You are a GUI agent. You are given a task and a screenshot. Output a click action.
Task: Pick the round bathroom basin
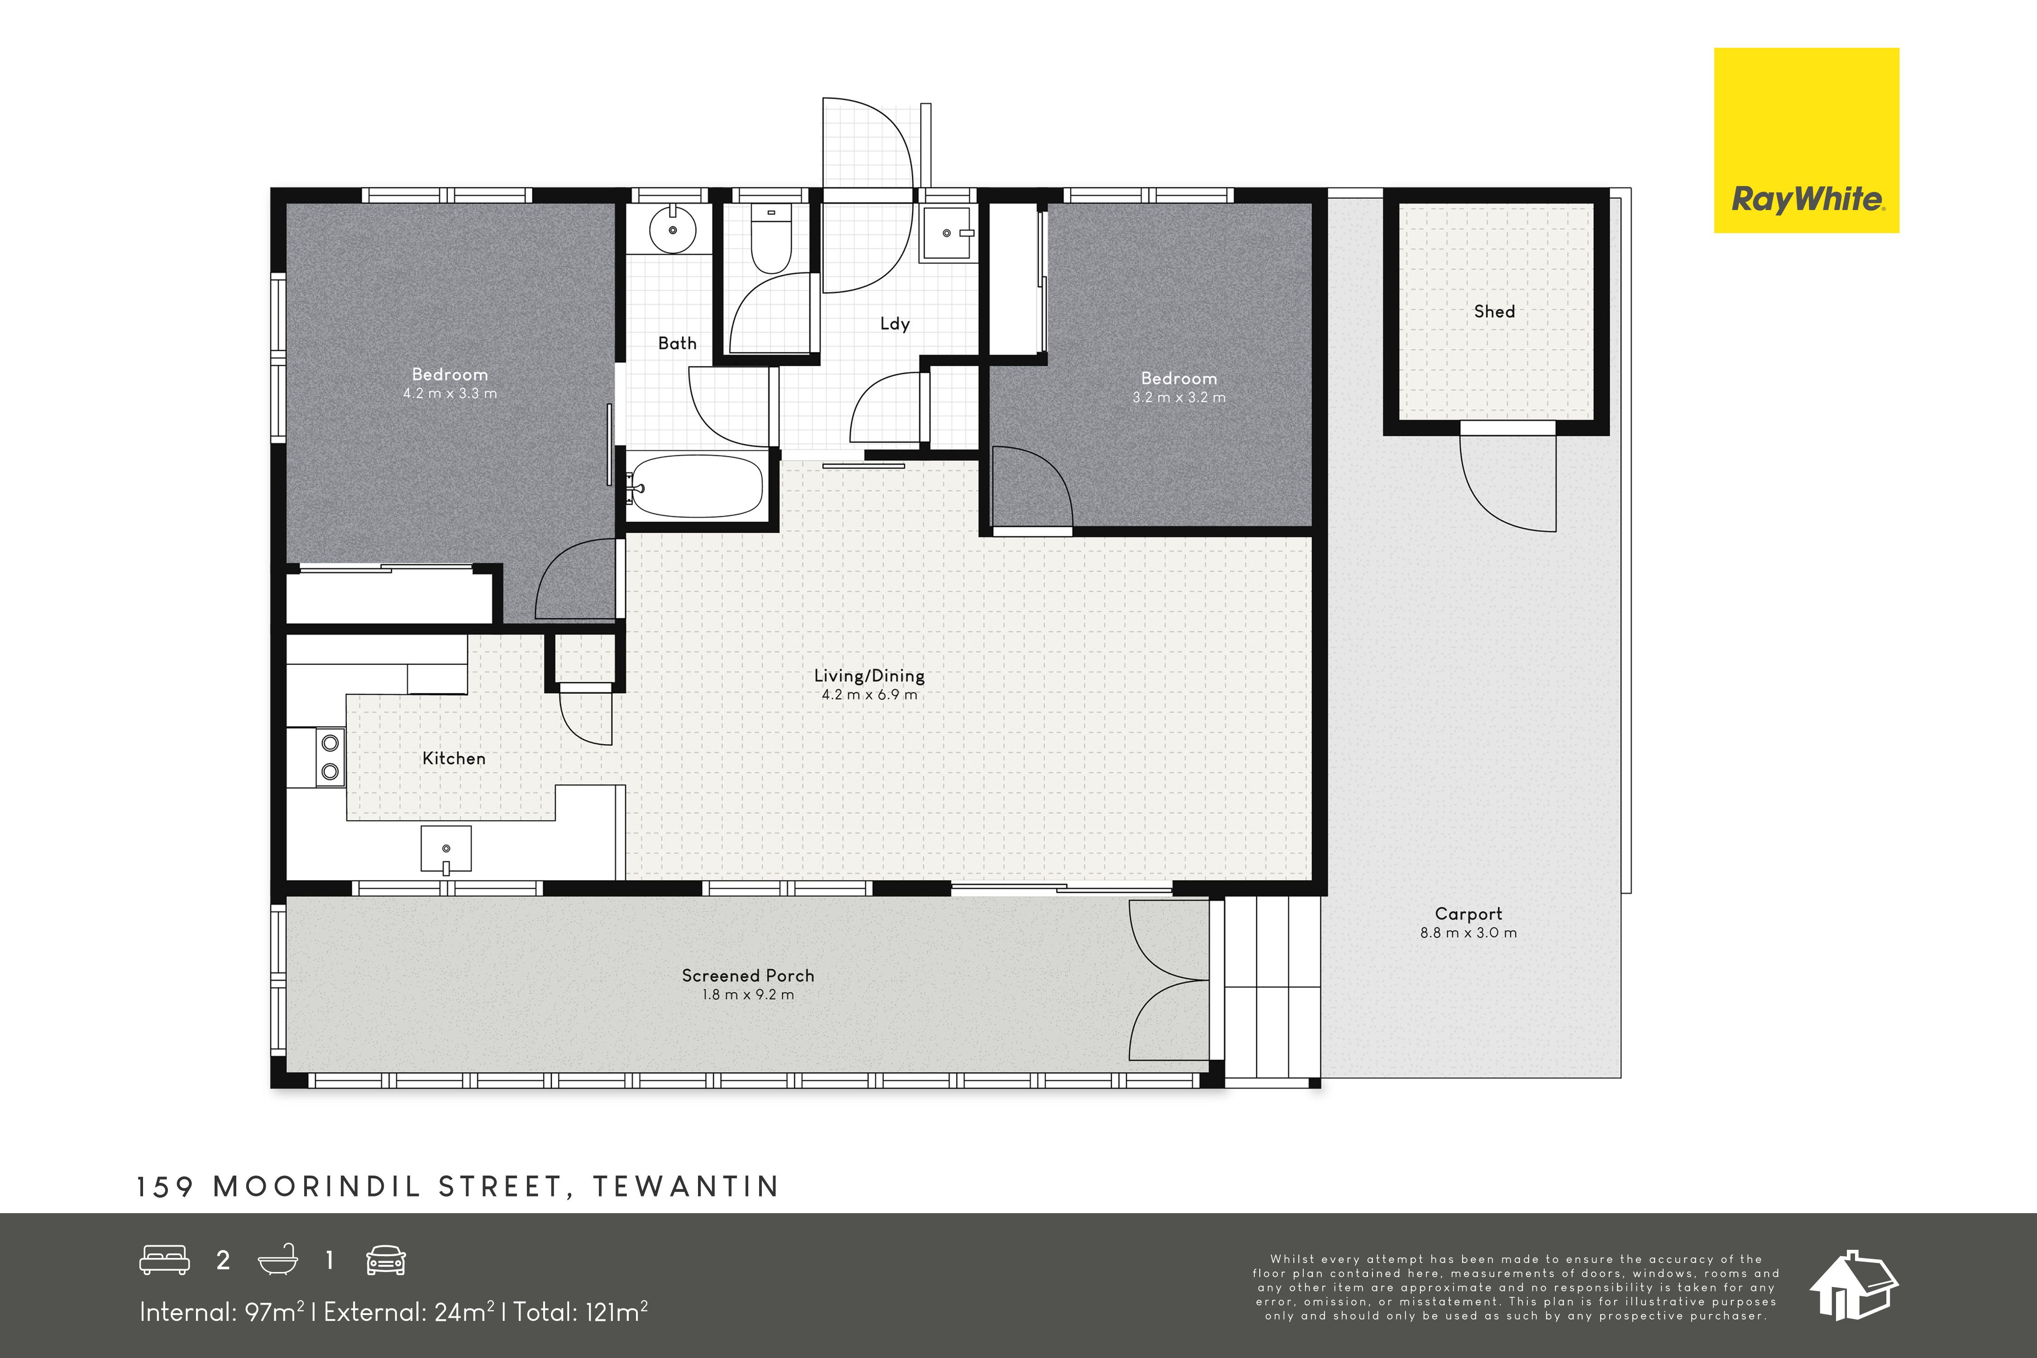[x=672, y=230]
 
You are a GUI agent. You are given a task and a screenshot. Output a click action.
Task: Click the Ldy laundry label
[x=894, y=324]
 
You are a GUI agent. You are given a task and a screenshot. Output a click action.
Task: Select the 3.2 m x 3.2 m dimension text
[x=1179, y=397]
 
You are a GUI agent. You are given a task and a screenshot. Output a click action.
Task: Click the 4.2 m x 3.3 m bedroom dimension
[x=449, y=393]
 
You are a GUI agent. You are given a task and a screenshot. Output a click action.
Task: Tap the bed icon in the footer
[x=165, y=1260]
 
